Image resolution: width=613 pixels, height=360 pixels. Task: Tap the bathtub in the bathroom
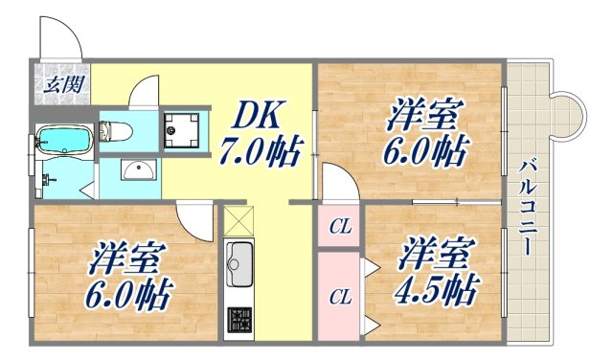click(x=63, y=143)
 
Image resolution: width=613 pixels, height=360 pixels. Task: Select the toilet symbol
click(x=118, y=128)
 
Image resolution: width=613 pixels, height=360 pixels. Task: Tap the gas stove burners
click(x=238, y=318)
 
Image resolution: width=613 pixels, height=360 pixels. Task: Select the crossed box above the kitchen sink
click(x=238, y=222)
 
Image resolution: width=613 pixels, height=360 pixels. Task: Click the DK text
click(x=258, y=115)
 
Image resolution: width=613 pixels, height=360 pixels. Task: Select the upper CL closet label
click(x=339, y=227)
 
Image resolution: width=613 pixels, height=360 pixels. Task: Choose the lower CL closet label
click(x=339, y=296)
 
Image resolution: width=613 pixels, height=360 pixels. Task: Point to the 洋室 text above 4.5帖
click(x=437, y=254)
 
